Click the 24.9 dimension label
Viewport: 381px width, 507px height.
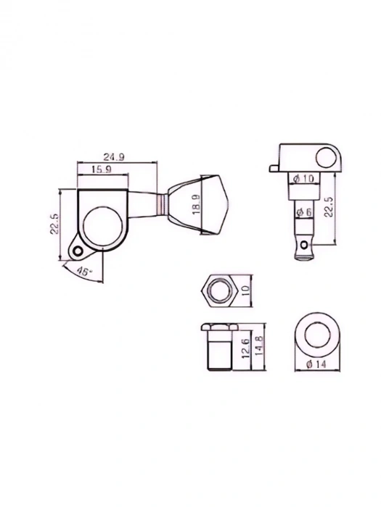[x=114, y=157]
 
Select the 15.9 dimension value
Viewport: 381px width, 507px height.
[x=102, y=169]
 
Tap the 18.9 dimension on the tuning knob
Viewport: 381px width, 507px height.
[x=197, y=204]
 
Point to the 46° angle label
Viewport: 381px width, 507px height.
[x=85, y=272]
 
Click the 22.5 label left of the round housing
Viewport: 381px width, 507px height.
[x=54, y=223]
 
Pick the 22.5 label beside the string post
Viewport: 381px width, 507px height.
[x=328, y=207]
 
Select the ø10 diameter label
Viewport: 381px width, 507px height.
[x=303, y=178]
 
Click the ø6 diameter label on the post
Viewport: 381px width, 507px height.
[x=304, y=212]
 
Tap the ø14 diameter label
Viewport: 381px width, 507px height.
[x=316, y=364]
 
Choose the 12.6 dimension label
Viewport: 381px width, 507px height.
[x=246, y=348]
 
